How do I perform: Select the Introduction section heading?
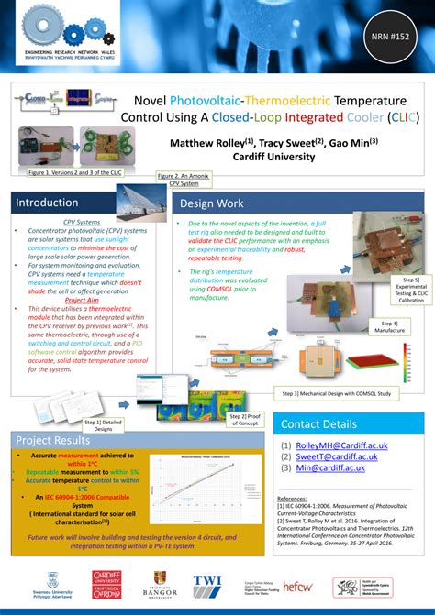point(47,203)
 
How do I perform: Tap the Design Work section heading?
point(212,203)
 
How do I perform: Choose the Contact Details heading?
point(318,423)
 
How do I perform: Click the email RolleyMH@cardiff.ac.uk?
point(340,445)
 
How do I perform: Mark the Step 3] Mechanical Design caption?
point(337,393)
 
